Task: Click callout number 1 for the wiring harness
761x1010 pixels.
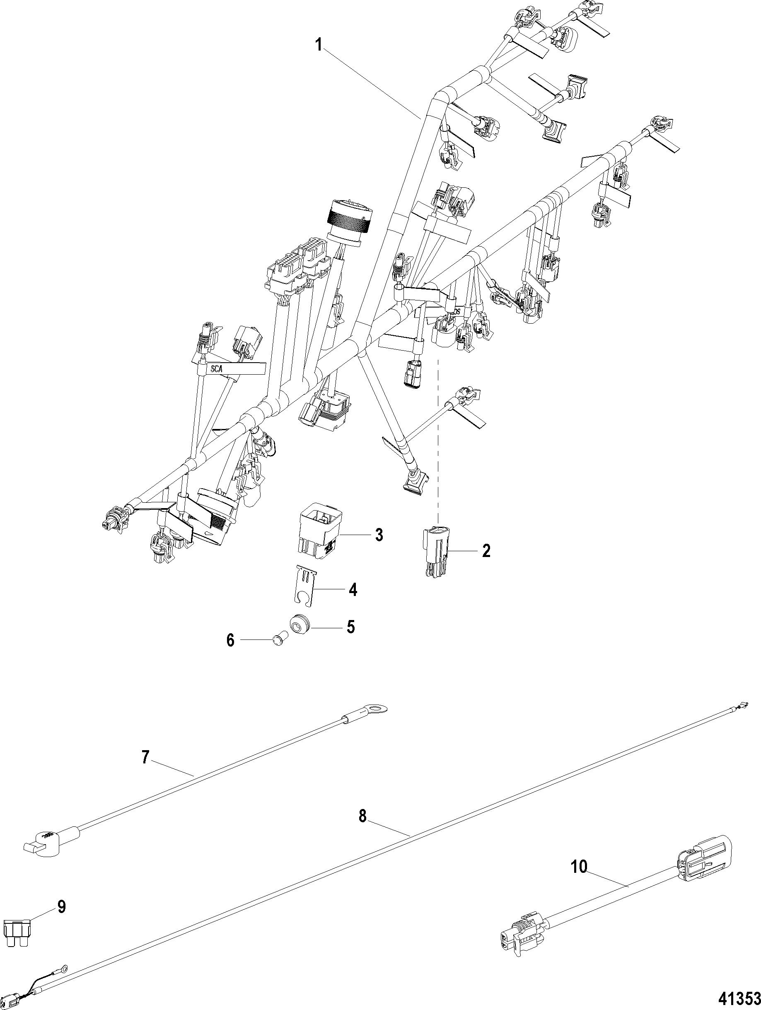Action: click(319, 46)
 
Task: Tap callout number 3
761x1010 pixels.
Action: click(379, 535)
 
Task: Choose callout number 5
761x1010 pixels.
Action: click(350, 627)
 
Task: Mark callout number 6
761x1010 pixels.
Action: click(230, 641)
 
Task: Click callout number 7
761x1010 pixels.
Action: click(145, 757)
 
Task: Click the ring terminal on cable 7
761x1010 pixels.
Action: click(377, 709)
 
